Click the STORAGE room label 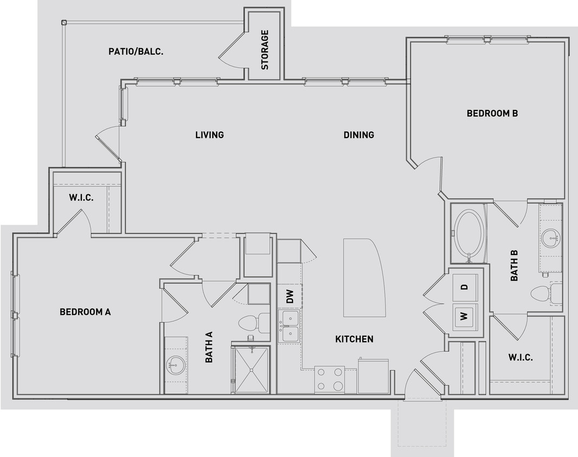coord(265,50)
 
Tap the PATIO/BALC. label coord(137,52)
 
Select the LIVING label coord(210,135)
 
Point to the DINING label coord(359,135)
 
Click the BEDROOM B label coord(492,113)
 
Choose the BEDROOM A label coord(85,312)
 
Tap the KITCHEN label coord(354,339)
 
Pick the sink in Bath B coord(551,237)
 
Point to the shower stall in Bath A coord(252,369)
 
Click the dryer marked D coord(464,287)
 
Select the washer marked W coord(464,315)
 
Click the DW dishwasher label coord(290,296)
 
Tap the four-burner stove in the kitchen coord(329,379)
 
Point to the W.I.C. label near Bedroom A coord(81,198)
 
